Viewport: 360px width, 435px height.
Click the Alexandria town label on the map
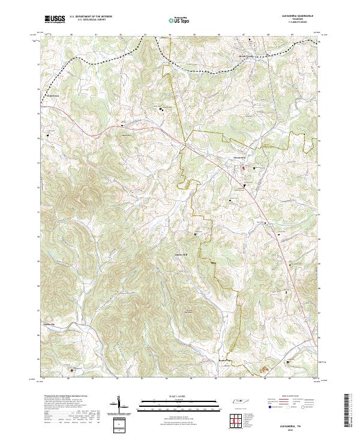point(240,158)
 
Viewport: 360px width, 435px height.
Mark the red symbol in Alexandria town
point(243,169)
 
